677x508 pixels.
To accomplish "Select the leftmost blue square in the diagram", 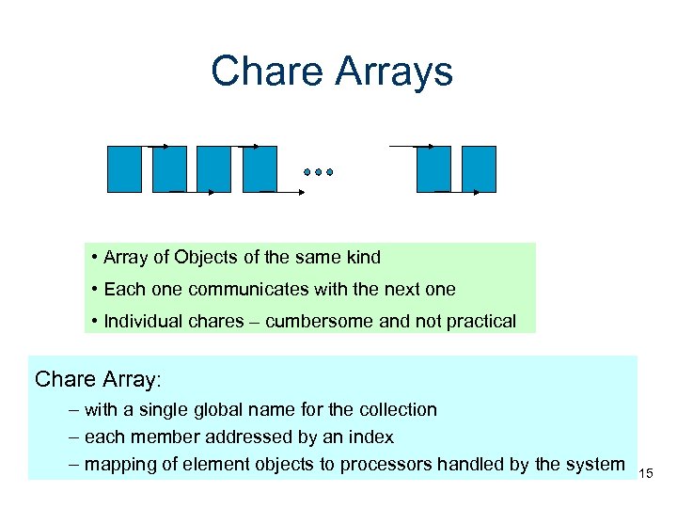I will pyautogui.click(x=124, y=169).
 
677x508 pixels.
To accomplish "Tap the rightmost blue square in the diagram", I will pyautogui.click(x=479, y=169).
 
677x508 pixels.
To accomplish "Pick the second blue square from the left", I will pyautogui.click(x=169, y=169).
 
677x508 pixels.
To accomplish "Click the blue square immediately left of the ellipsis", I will pyautogui.click(x=260, y=169).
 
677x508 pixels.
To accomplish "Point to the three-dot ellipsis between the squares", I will pyautogui.click(x=319, y=172).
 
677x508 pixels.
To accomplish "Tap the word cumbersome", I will pyautogui.click(x=319, y=321).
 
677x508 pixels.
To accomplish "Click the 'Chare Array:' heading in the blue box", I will pyautogui.click(x=98, y=379).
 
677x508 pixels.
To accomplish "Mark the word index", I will pyautogui.click(x=372, y=437).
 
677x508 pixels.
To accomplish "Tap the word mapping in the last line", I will pyautogui.click(x=117, y=464).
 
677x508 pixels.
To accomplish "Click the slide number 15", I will pyautogui.click(x=646, y=473).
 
